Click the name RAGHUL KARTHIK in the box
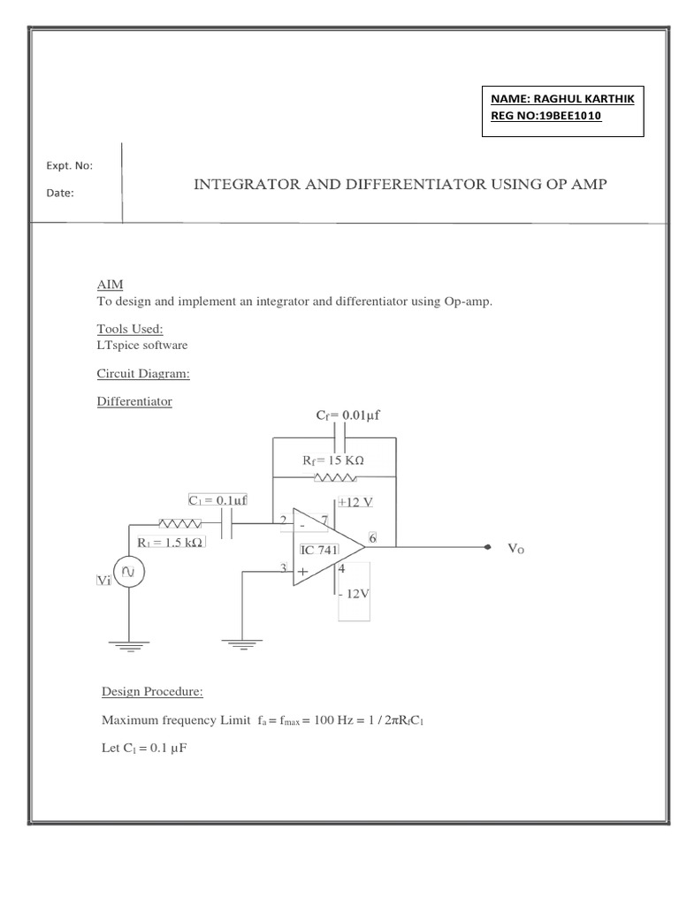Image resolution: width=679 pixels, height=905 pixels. [584, 99]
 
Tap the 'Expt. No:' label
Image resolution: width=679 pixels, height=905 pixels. [69, 165]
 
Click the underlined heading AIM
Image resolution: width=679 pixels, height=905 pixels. [110, 285]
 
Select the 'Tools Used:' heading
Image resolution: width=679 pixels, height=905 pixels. [130, 329]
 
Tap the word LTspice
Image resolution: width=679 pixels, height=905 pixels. [117, 346]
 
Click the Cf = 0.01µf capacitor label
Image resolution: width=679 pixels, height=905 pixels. [347, 414]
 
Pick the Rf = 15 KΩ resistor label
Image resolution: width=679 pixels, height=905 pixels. [333, 460]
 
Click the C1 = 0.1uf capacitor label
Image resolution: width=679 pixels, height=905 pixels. [217, 499]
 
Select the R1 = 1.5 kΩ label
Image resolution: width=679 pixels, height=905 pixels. [171, 542]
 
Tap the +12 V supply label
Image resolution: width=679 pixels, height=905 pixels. [355, 502]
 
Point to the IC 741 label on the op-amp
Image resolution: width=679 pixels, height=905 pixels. [320, 549]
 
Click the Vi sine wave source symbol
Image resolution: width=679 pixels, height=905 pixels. [129, 573]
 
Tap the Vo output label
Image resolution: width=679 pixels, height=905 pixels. [516, 549]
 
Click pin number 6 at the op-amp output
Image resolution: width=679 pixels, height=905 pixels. [373, 537]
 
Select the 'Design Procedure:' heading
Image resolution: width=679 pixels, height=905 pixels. [153, 690]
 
